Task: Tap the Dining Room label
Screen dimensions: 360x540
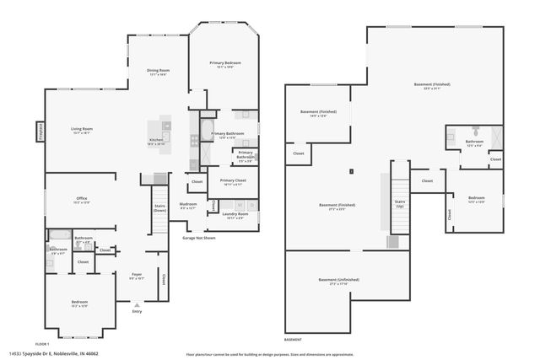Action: click(159, 73)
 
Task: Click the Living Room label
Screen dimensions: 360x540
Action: click(82, 131)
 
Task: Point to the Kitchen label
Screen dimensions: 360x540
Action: click(156, 142)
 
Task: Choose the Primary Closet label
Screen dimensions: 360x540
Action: click(233, 182)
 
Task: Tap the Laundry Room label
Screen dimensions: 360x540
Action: click(235, 216)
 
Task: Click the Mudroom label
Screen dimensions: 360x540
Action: click(188, 207)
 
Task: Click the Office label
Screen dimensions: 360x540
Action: click(82, 201)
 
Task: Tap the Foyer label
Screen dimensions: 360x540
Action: click(136, 275)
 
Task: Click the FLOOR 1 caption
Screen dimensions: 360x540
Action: click(42, 344)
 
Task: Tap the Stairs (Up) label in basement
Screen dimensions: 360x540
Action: click(400, 205)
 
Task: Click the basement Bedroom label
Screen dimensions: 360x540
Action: click(477, 200)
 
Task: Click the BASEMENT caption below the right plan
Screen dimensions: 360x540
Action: click(292, 340)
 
